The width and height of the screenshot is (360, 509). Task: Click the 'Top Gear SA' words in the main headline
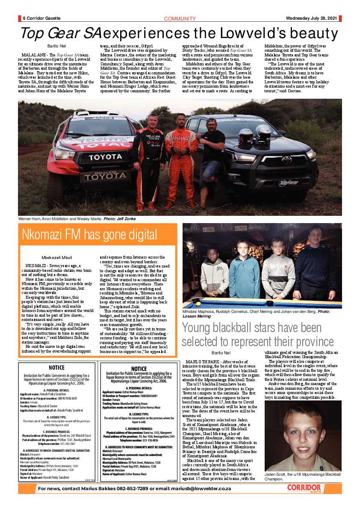click(x=60, y=33)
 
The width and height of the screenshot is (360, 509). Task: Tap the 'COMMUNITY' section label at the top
click(x=180, y=18)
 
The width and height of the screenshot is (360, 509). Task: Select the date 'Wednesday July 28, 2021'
click(x=313, y=18)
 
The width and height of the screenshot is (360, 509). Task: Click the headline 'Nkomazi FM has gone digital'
click(x=89, y=235)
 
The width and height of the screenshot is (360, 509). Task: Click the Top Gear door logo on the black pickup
click(x=289, y=183)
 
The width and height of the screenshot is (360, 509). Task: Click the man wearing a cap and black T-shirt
click(x=211, y=154)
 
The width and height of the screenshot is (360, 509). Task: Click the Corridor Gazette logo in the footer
click(x=304, y=488)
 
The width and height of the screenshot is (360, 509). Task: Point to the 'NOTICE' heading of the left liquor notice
click(x=56, y=368)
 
